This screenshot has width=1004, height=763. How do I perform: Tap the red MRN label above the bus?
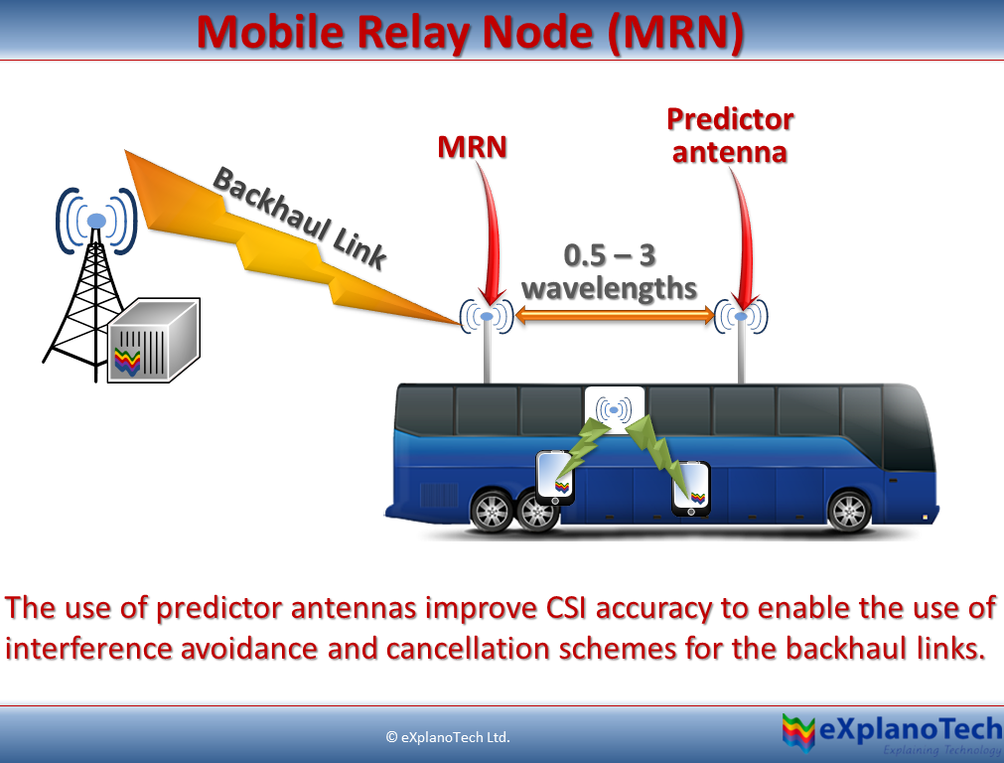pos(472,147)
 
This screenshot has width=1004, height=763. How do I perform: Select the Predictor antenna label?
pos(730,135)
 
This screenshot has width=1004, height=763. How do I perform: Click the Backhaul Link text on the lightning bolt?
pos(299,218)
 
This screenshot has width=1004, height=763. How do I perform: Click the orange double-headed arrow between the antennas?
pos(614,316)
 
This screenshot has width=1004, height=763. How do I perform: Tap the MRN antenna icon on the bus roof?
pos(486,316)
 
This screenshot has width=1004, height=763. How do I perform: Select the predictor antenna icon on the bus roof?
pos(741,316)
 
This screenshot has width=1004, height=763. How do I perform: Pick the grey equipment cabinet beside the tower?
pos(154,341)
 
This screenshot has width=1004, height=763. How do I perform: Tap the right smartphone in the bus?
pos(691,487)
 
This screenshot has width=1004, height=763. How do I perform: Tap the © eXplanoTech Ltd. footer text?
pos(447,737)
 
